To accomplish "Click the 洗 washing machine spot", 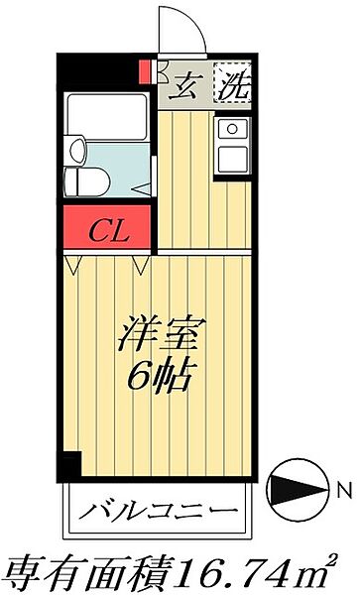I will [232, 87].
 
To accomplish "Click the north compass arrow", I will [299, 488].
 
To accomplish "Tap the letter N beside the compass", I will [342, 488].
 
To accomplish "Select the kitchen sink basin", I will [234, 128].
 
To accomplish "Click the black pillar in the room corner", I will [69, 463].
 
